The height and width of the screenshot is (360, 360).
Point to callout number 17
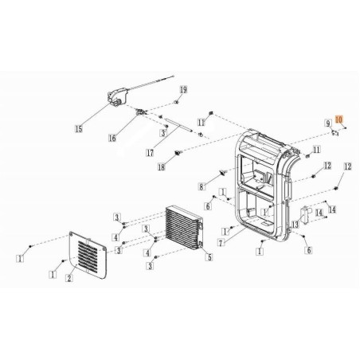tap(149, 152)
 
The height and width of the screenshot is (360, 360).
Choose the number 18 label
tap(161, 166)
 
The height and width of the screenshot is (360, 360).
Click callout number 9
tap(327, 123)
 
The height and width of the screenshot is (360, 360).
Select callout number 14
tap(331, 209)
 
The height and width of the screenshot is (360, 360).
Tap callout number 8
tap(202, 187)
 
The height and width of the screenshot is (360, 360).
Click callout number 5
tap(209, 256)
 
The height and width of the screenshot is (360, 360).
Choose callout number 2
tap(69, 278)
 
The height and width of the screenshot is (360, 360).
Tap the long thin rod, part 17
tap(182, 128)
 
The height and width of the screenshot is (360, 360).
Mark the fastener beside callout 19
tap(176, 104)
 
